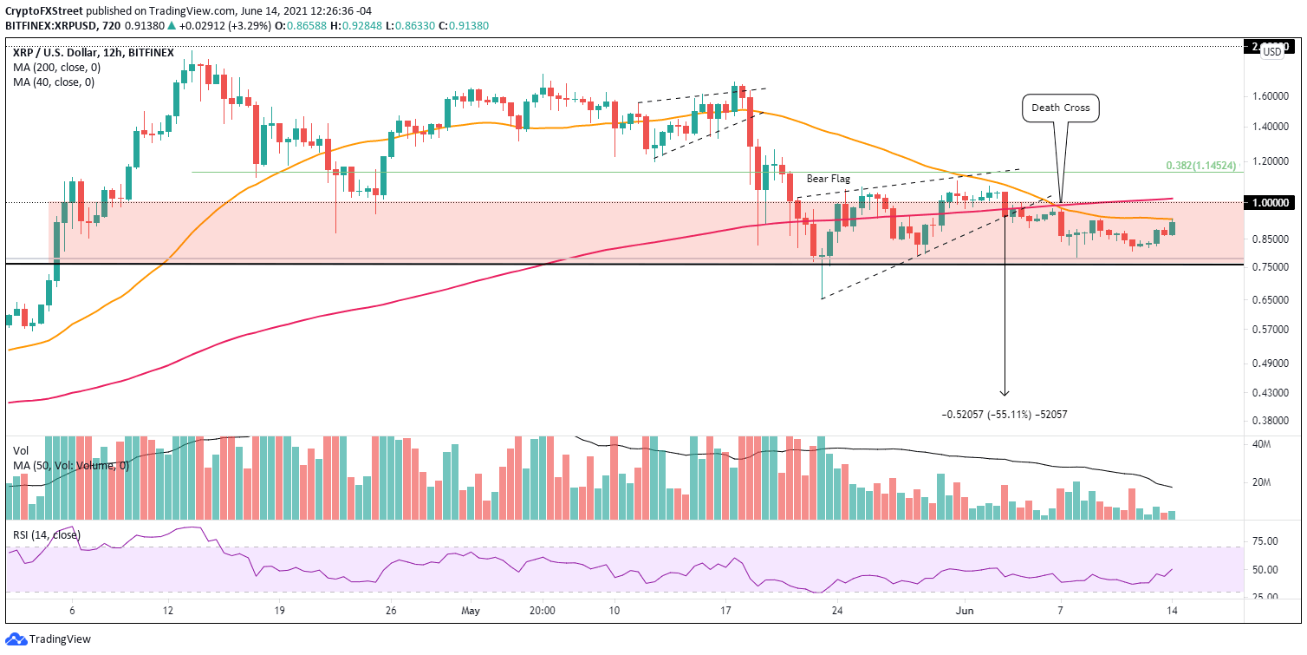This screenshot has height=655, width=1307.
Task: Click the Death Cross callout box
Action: (x=1061, y=108)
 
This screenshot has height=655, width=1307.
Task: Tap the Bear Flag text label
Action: (x=828, y=178)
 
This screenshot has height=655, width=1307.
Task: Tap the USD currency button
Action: (x=1272, y=52)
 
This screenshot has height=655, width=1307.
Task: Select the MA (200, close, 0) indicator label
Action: (x=56, y=68)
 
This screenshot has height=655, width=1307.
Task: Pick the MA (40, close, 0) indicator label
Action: (x=54, y=82)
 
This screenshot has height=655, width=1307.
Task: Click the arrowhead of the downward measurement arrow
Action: (x=1005, y=394)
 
